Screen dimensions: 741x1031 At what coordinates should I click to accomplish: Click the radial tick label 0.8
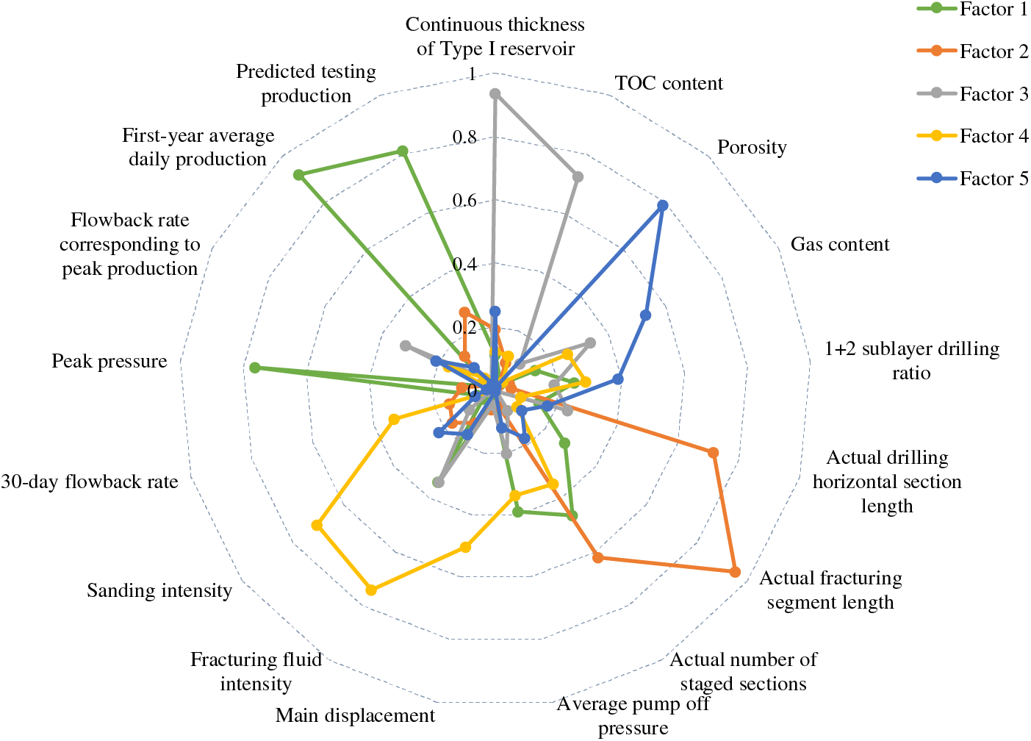coord(464,137)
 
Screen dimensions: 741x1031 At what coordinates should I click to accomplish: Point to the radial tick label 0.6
coord(464,201)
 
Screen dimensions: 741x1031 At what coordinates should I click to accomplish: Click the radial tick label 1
coord(472,74)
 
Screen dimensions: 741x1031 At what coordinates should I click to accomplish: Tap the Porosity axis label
coord(752,147)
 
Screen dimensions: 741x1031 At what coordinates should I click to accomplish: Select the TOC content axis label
coord(669,83)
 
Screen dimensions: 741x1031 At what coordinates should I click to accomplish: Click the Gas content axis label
coord(840,244)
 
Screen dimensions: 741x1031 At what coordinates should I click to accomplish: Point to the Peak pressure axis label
coord(109,361)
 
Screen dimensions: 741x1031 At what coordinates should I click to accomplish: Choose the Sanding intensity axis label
coord(159,590)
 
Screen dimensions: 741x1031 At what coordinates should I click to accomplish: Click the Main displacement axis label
coord(355,715)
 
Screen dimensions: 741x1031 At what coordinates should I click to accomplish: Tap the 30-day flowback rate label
coord(90,482)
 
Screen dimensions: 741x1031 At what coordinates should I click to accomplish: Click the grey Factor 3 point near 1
coord(495,94)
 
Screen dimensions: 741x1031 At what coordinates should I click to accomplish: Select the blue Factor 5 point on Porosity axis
coord(662,206)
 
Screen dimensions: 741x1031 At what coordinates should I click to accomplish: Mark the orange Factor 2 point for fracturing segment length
coord(735,571)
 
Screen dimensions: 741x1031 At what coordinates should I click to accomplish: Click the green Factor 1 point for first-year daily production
coord(298,175)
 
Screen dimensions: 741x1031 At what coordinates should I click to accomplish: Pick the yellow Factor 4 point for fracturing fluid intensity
coord(371,589)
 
